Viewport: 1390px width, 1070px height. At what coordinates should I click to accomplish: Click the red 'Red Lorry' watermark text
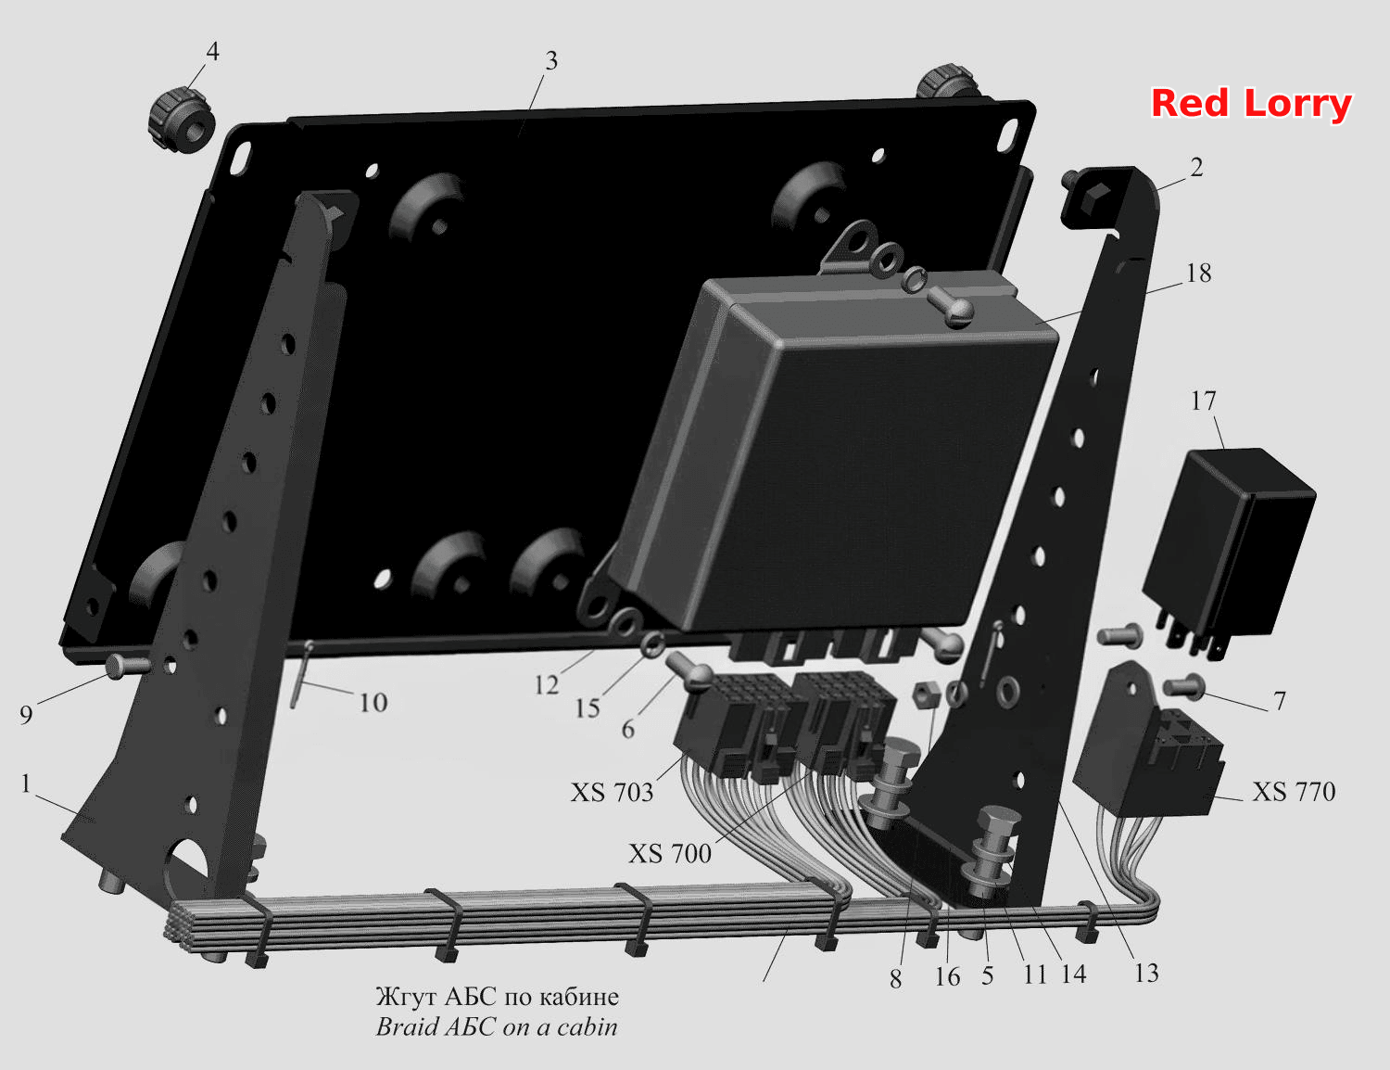1251,104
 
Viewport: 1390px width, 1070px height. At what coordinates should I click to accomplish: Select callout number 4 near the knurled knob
212,51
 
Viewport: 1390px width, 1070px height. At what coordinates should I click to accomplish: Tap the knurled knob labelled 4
181,120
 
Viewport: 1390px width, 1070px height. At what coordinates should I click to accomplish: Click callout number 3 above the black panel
551,61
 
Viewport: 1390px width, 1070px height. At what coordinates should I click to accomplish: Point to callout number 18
1199,274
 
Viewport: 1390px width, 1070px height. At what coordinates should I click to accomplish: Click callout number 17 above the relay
1203,401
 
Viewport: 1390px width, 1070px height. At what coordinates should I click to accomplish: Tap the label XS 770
1294,792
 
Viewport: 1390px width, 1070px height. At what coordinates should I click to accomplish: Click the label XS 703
612,793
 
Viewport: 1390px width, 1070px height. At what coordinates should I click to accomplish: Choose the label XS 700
670,854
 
